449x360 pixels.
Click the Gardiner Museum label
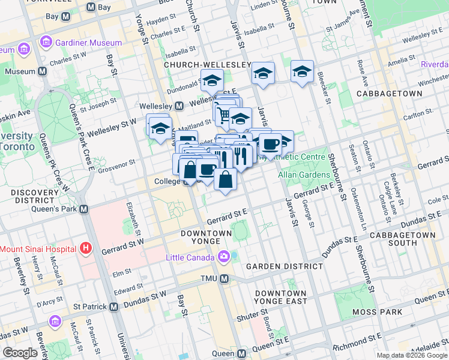point(88,43)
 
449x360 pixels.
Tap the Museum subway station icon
point(43,71)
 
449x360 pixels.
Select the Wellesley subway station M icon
point(179,106)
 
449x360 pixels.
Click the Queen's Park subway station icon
point(83,209)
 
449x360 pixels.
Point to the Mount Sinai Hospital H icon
point(86,248)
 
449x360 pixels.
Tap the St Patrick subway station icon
point(113,307)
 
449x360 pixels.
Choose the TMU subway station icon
point(224,279)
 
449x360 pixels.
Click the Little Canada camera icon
point(224,257)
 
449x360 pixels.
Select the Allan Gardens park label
point(304,175)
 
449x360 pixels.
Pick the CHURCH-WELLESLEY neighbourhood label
point(207,64)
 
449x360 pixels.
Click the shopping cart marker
point(224,114)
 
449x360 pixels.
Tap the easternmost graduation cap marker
point(302,71)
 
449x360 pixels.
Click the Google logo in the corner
point(20,353)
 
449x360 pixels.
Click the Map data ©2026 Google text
point(411,355)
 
